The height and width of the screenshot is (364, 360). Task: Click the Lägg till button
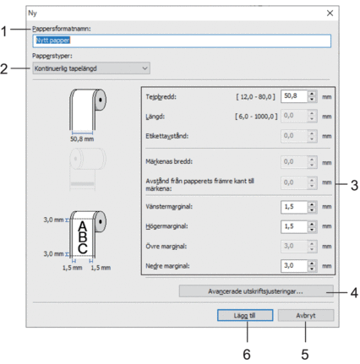click(245, 315)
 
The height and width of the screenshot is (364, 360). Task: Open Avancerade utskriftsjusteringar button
click(256, 291)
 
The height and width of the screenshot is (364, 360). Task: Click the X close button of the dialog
click(330, 14)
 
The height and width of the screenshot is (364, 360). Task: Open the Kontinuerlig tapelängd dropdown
click(91, 68)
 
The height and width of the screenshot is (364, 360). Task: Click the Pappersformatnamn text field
click(182, 41)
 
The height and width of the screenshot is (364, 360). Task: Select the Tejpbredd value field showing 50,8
click(294, 96)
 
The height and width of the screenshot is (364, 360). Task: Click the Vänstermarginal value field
click(294, 207)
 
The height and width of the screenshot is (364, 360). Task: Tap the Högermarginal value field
click(294, 226)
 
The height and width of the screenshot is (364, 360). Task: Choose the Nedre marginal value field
click(294, 266)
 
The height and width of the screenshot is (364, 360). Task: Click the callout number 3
click(354, 186)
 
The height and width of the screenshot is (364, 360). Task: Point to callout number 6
click(247, 355)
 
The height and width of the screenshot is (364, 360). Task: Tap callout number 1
click(3, 31)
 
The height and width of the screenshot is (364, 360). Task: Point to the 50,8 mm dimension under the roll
click(82, 139)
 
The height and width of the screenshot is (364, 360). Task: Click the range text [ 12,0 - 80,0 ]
click(255, 97)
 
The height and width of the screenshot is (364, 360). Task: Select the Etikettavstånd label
click(166, 136)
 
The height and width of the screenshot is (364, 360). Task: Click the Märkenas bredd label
click(169, 161)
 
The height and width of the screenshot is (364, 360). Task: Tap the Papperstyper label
click(52, 56)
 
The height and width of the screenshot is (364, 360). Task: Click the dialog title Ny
click(32, 14)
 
